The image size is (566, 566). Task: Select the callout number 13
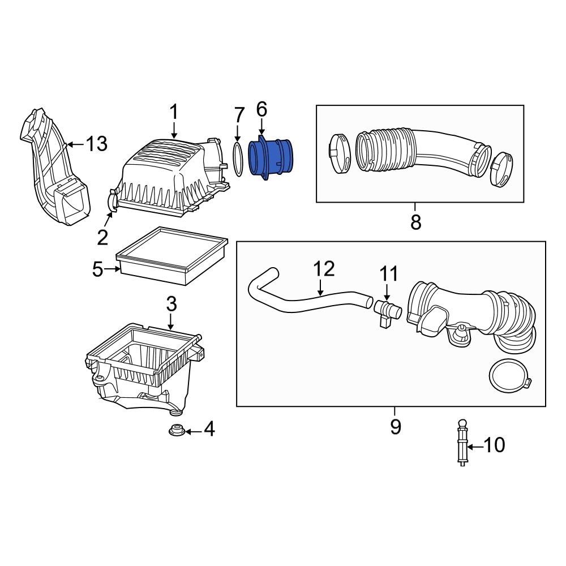pos(97,144)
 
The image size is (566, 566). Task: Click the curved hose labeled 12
pos(306,300)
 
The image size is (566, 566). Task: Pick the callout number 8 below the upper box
pos(415,222)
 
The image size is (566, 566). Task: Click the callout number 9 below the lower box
pos(395,426)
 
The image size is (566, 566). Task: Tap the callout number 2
pos(102,238)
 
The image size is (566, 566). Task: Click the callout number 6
pos(261,109)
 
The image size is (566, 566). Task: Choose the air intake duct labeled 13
pos(54,170)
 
